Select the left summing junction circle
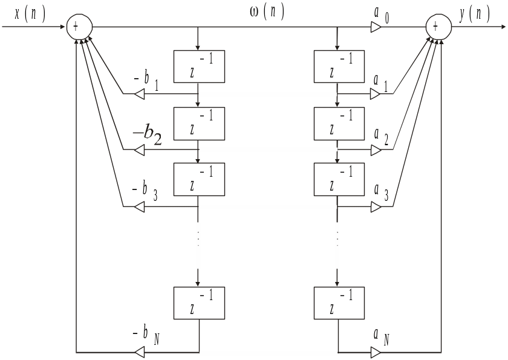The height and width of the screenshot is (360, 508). pyautogui.click(x=78, y=27)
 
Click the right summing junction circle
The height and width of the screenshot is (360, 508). pyautogui.click(x=438, y=27)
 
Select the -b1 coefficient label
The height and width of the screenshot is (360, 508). pyautogui.click(x=145, y=82)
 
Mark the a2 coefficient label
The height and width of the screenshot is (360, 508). pyautogui.click(x=380, y=137)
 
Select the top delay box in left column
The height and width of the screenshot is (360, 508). pyautogui.click(x=199, y=66)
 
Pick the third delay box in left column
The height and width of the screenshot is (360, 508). pyautogui.click(x=199, y=180)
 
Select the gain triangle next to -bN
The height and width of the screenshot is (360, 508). pyautogui.click(x=140, y=352)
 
